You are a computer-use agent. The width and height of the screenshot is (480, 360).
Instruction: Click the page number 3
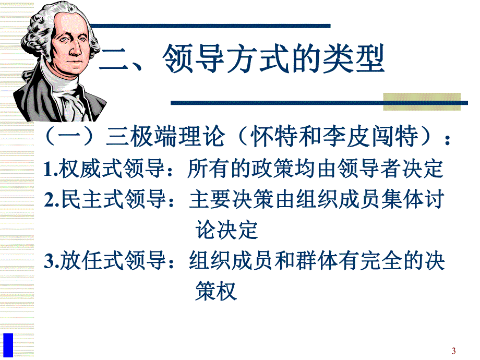click(x=453, y=350)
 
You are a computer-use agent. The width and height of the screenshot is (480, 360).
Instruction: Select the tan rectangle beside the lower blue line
click(x=422, y=102)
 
